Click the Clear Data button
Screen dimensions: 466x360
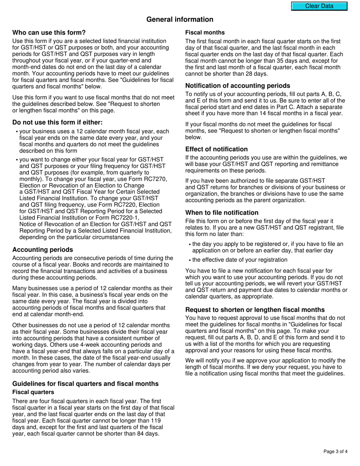click(x=319, y=6)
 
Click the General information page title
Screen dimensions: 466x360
click(x=180, y=19)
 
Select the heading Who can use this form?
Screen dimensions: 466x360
click(x=49, y=33)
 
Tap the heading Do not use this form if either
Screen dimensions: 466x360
click(x=58, y=122)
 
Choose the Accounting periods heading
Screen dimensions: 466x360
click(x=42, y=250)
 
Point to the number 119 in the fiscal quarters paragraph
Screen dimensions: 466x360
click(x=156, y=421)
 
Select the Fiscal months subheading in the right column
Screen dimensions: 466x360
click(x=205, y=33)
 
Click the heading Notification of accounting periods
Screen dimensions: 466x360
click(x=238, y=86)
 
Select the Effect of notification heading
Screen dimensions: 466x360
click(x=216, y=149)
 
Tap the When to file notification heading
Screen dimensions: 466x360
click(x=222, y=213)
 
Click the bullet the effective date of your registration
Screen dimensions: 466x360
click(x=239, y=260)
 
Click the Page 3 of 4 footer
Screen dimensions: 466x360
click(x=335, y=451)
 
